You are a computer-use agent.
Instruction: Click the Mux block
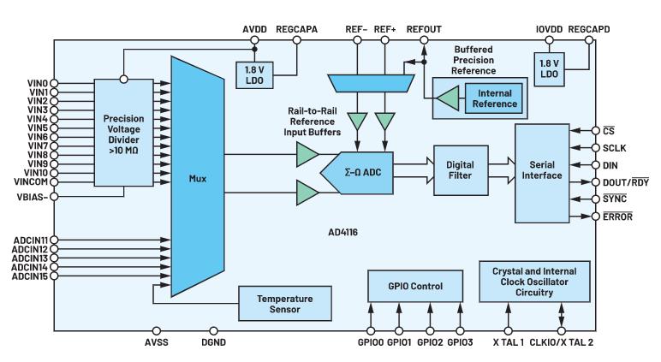[196, 181]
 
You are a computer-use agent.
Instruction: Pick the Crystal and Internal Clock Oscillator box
[533, 282]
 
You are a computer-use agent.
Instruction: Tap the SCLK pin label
[615, 147]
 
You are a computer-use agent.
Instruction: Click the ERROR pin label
[618, 217]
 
